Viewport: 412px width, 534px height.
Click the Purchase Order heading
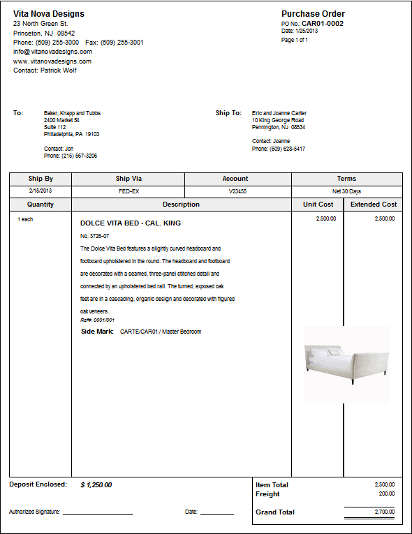click(x=313, y=14)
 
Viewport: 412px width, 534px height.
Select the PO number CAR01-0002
click(x=322, y=23)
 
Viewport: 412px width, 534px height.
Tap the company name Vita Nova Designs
click(x=49, y=14)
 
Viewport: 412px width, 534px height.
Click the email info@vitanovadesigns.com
click(x=52, y=52)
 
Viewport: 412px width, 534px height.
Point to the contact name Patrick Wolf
click(x=55, y=71)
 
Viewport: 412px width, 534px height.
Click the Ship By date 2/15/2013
click(x=41, y=191)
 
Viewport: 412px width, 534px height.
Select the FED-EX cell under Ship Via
click(x=128, y=191)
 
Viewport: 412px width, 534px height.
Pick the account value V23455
click(x=237, y=191)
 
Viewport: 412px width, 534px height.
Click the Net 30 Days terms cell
click(x=346, y=191)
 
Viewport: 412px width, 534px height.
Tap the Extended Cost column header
click(x=374, y=205)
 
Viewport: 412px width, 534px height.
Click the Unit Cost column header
click(x=318, y=205)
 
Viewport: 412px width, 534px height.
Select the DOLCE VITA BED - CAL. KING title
click(x=131, y=223)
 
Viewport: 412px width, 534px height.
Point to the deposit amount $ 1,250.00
click(x=96, y=484)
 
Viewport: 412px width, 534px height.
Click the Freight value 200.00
click(x=386, y=494)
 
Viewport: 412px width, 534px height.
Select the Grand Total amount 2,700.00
click(x=385, y=512)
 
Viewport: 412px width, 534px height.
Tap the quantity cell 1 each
click(x=25, y=219)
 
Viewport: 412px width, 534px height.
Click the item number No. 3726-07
click(x=95, y=236)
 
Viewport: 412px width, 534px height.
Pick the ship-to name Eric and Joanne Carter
click(x=279, y=113)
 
